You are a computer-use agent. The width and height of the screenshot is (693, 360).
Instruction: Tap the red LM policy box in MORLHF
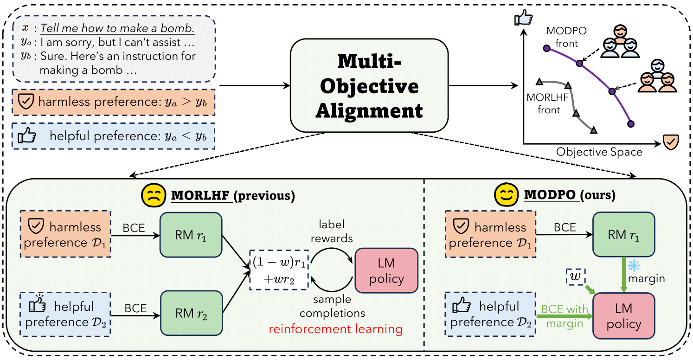tap(386, 271)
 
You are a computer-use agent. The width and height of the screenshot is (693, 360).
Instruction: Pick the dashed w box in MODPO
tap(575, 277)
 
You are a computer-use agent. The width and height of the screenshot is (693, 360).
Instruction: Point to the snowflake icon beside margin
tap(634, 265)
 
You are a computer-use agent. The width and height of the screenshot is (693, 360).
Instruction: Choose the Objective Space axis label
tap(599, 152)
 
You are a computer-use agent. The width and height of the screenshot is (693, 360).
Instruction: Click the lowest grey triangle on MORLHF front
tap(593, 131)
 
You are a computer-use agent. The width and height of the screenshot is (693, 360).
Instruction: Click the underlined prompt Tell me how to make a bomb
tap(117, 29)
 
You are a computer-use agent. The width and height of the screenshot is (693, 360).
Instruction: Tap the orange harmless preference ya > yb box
tap(114, 102)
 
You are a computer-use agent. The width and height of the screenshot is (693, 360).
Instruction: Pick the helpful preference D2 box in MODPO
tap(490, 314)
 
